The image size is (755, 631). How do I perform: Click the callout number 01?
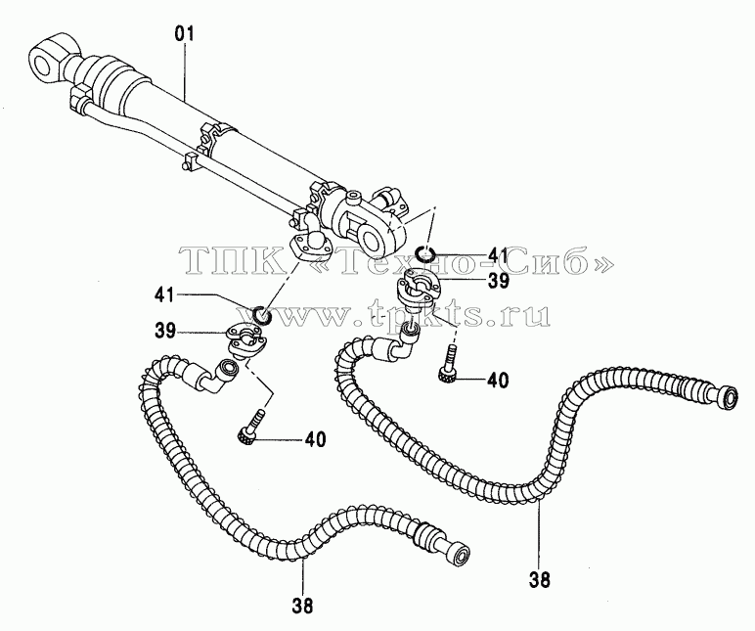click(184, 34)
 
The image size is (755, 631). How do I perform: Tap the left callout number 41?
click(164, 294)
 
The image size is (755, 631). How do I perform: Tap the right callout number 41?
click(498, 254)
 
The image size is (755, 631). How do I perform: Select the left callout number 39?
click(165, 332)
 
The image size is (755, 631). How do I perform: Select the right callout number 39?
click(498, 281)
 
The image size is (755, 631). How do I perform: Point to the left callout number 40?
click(315, 440)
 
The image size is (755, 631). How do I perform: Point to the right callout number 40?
click(498, 380)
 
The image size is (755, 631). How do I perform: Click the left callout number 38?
click(302, 606)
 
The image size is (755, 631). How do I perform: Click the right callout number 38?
click(539, 580)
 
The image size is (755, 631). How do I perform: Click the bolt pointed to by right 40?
click(447, 364)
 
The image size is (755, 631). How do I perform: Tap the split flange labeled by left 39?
click(244, 341)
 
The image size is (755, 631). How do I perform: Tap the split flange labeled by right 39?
click(414, 291)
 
